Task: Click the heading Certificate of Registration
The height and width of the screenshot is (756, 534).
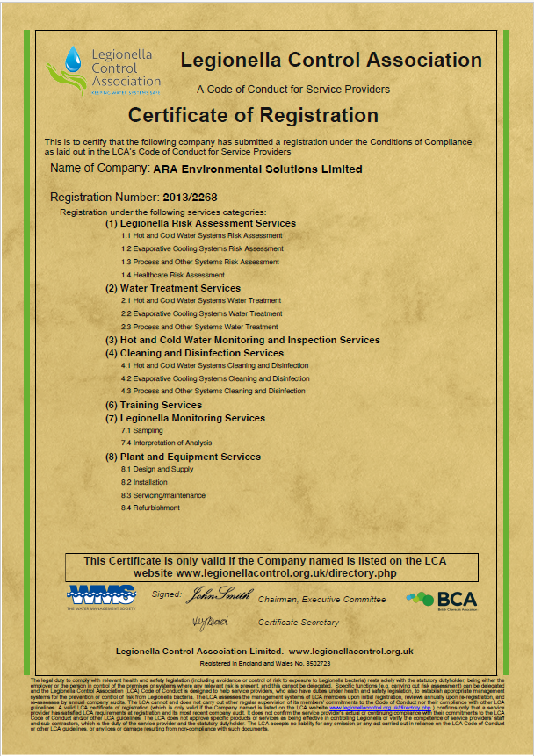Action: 253,115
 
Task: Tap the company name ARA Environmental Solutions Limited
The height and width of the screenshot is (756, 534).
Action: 257,169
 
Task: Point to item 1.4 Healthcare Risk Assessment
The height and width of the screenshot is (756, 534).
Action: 161,275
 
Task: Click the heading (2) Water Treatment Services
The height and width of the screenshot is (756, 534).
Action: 173,288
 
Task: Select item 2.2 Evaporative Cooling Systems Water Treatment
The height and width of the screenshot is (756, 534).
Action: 202,313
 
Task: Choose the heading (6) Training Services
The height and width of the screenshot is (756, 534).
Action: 154,405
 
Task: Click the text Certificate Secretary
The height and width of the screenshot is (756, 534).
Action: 298,623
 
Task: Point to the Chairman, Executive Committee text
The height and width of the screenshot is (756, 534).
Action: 321,600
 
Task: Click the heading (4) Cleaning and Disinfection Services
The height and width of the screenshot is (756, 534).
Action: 194,353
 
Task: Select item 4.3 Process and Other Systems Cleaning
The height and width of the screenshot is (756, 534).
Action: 213,391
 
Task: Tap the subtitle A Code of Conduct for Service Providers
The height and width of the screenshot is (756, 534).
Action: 292,89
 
